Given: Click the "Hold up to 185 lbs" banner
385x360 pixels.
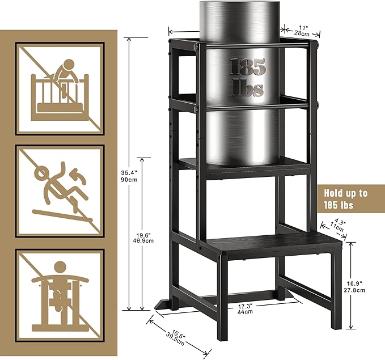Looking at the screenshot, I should click(350, 198).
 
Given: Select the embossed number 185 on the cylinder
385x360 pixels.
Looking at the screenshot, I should click(247, 67).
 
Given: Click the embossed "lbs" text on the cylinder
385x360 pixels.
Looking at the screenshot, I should click(248, 88).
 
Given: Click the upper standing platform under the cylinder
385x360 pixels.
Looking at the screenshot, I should click(244, 164).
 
